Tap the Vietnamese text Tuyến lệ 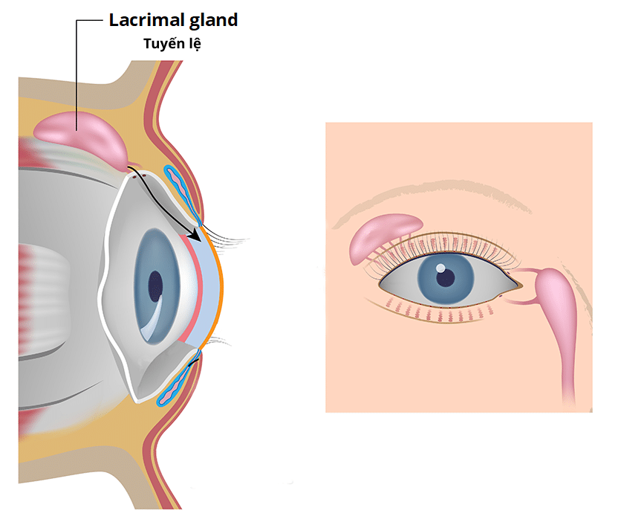(x=172, y=43)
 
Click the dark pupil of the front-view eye (x=446, y=277)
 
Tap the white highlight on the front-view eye (x=440, y=268)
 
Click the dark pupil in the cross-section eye (x=155, y=286)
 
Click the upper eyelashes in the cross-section (x=227, y=238)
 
